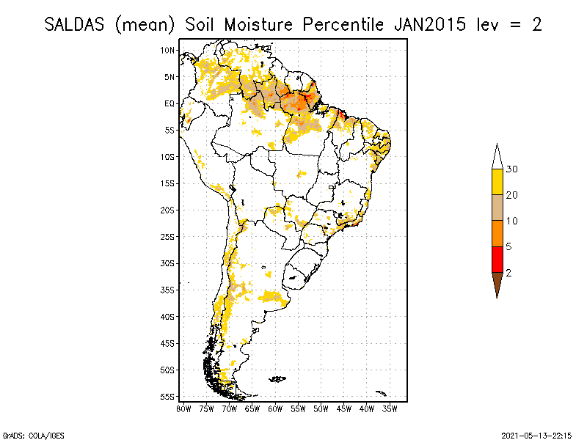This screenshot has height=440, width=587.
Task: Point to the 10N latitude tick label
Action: click(168, 50)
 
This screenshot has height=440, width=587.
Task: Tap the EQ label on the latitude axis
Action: click(169, 103)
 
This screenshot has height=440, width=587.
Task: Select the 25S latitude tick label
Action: click(168, 236)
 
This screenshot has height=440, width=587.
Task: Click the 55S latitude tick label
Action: click(168, 396)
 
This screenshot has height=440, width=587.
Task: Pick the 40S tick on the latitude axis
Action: click(168, 316)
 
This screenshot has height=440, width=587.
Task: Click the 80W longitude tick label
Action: click(183, 408)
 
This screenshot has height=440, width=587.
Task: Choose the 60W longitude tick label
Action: click(275, 408)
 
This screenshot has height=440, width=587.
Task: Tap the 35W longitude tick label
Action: click(390, 408)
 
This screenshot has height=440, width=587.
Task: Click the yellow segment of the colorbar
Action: click(497, 182)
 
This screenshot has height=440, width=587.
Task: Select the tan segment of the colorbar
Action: click(497, 208)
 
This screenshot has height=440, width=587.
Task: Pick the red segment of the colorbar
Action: click(497, 259)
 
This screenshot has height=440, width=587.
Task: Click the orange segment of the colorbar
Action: click(497, 233)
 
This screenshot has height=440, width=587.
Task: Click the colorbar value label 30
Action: click(511, 169)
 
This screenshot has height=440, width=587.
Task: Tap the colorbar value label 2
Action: click(508, 272)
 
